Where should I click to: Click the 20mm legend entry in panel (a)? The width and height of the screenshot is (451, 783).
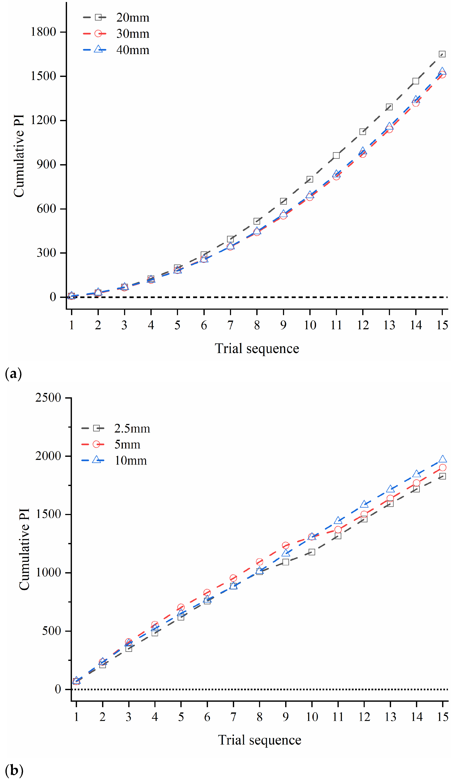[116, 17]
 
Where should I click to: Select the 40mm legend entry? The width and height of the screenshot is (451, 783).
[116, 50]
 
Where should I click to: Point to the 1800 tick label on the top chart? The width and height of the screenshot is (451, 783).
[43, 32]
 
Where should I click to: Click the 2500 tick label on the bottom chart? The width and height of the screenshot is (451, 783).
[48, 397]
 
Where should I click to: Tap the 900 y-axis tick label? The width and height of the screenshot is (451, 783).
[46, 164]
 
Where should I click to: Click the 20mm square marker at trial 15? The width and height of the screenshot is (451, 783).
[442, 54]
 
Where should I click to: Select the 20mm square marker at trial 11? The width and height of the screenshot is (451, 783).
[336, 155]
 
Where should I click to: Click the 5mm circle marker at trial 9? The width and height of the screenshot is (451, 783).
[286, 545]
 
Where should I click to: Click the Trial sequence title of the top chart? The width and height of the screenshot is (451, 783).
[257, 349]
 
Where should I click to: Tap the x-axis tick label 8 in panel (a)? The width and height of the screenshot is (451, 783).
[257, 325]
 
